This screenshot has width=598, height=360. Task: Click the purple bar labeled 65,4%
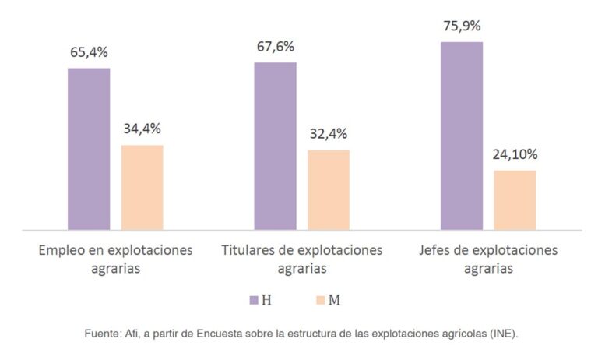[89, 149]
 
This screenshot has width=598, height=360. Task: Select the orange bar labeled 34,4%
[142, 188]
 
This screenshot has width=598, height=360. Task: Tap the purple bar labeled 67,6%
[276, 146]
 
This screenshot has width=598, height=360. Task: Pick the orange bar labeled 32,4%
[329, 189]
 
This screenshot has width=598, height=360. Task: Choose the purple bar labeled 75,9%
[462, 136]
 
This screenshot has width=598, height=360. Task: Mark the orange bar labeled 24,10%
[515, 200]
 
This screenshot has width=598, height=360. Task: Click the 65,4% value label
[89, 52]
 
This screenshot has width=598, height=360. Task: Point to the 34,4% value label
[142, 129]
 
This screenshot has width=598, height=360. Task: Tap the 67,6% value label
[276, 47]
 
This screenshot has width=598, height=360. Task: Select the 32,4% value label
[329, 134]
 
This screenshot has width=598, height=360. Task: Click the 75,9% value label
[462, 26]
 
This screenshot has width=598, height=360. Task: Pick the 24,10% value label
[515, 154]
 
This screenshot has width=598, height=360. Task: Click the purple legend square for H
[254, 300]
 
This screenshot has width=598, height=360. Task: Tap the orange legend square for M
[321, 300]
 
